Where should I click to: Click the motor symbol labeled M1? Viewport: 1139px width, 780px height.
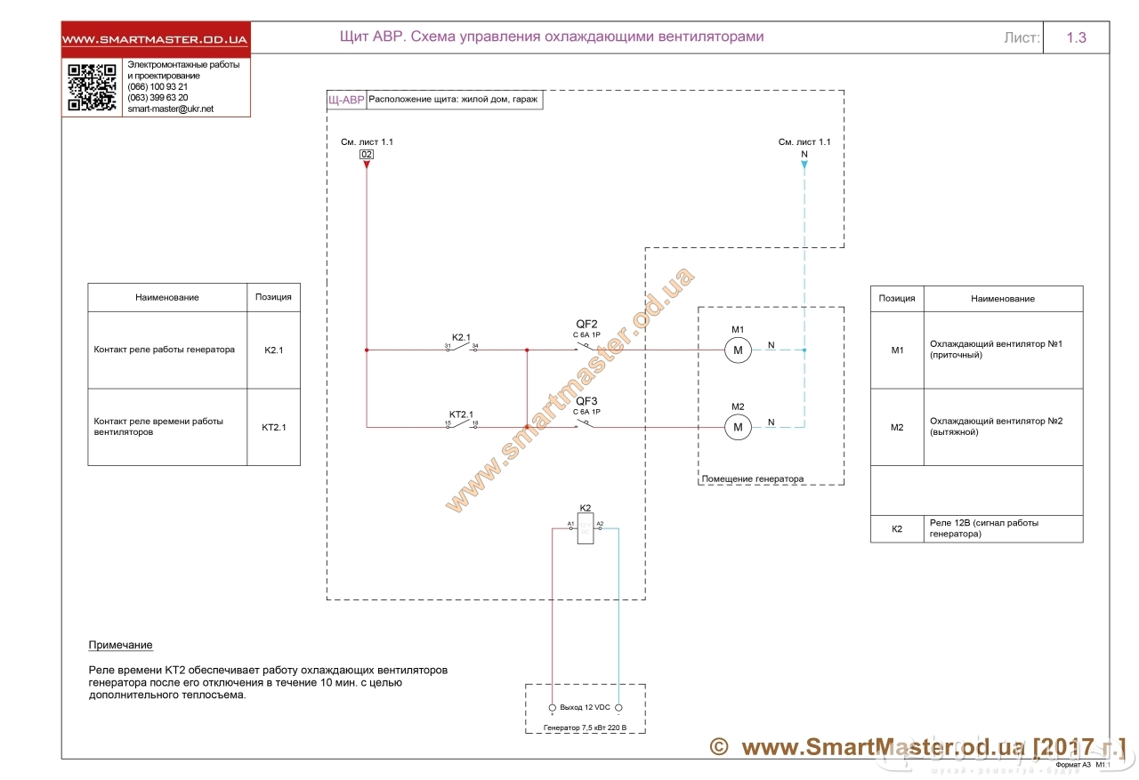[x=738, y=351]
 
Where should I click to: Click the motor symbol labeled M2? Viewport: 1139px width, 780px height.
[x=738, y=428]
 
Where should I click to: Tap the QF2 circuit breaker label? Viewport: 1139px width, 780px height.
[x=586, y=324]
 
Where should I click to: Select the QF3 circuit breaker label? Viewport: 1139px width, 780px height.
[x=586, y=401]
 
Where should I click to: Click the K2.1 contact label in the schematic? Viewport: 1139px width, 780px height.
[x=461, y=337]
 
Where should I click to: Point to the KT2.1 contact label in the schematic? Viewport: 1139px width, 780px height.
[x=461, y=414]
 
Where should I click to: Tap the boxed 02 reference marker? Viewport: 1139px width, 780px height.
[x=367, y=155]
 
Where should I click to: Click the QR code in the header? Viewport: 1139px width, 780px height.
[x=93, y=87]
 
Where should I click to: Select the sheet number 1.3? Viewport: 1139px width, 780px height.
[x=1076, y=38]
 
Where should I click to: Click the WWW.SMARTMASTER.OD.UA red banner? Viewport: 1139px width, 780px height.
[x=156, y=40]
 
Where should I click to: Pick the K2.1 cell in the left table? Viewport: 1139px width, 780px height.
[x=273, y=350]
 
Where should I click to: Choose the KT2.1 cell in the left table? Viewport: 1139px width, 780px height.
[x=273, y=428]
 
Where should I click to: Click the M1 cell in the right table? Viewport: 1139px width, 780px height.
[x=897, y=350]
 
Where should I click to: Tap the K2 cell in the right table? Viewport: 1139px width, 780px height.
[x=897, y=529]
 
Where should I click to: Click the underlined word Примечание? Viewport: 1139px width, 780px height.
[x=120, y=645]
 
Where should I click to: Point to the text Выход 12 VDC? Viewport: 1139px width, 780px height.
[x=585, y=708]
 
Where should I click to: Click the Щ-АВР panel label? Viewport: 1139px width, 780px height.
[x=346, y=101]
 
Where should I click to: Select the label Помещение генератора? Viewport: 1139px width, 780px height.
[x=753, y=478]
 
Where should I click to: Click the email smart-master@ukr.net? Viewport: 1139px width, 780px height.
[x=171, y=109]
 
